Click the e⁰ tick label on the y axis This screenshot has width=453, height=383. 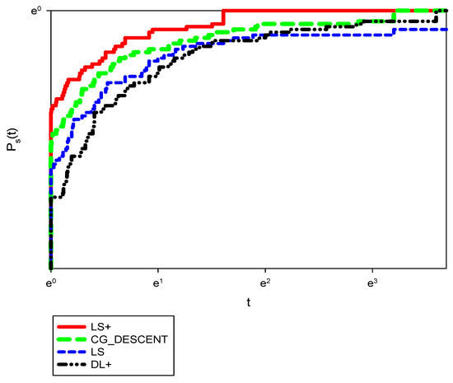point(37,11)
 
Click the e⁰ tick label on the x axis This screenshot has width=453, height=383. point(50,282)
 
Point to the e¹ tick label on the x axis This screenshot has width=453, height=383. point(157,282)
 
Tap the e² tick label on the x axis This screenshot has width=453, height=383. point(264,282)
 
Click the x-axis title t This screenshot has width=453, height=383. point(248,302)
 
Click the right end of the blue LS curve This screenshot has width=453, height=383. point(446,29)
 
